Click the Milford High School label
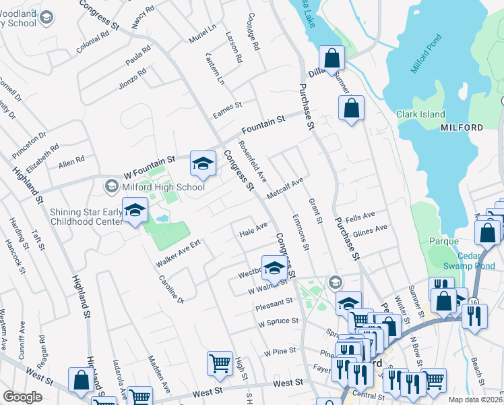162,186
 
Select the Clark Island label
420,114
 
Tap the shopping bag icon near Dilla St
332,58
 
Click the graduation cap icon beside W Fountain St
201,163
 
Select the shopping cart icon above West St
220,364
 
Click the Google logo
22,397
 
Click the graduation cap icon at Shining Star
135,210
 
